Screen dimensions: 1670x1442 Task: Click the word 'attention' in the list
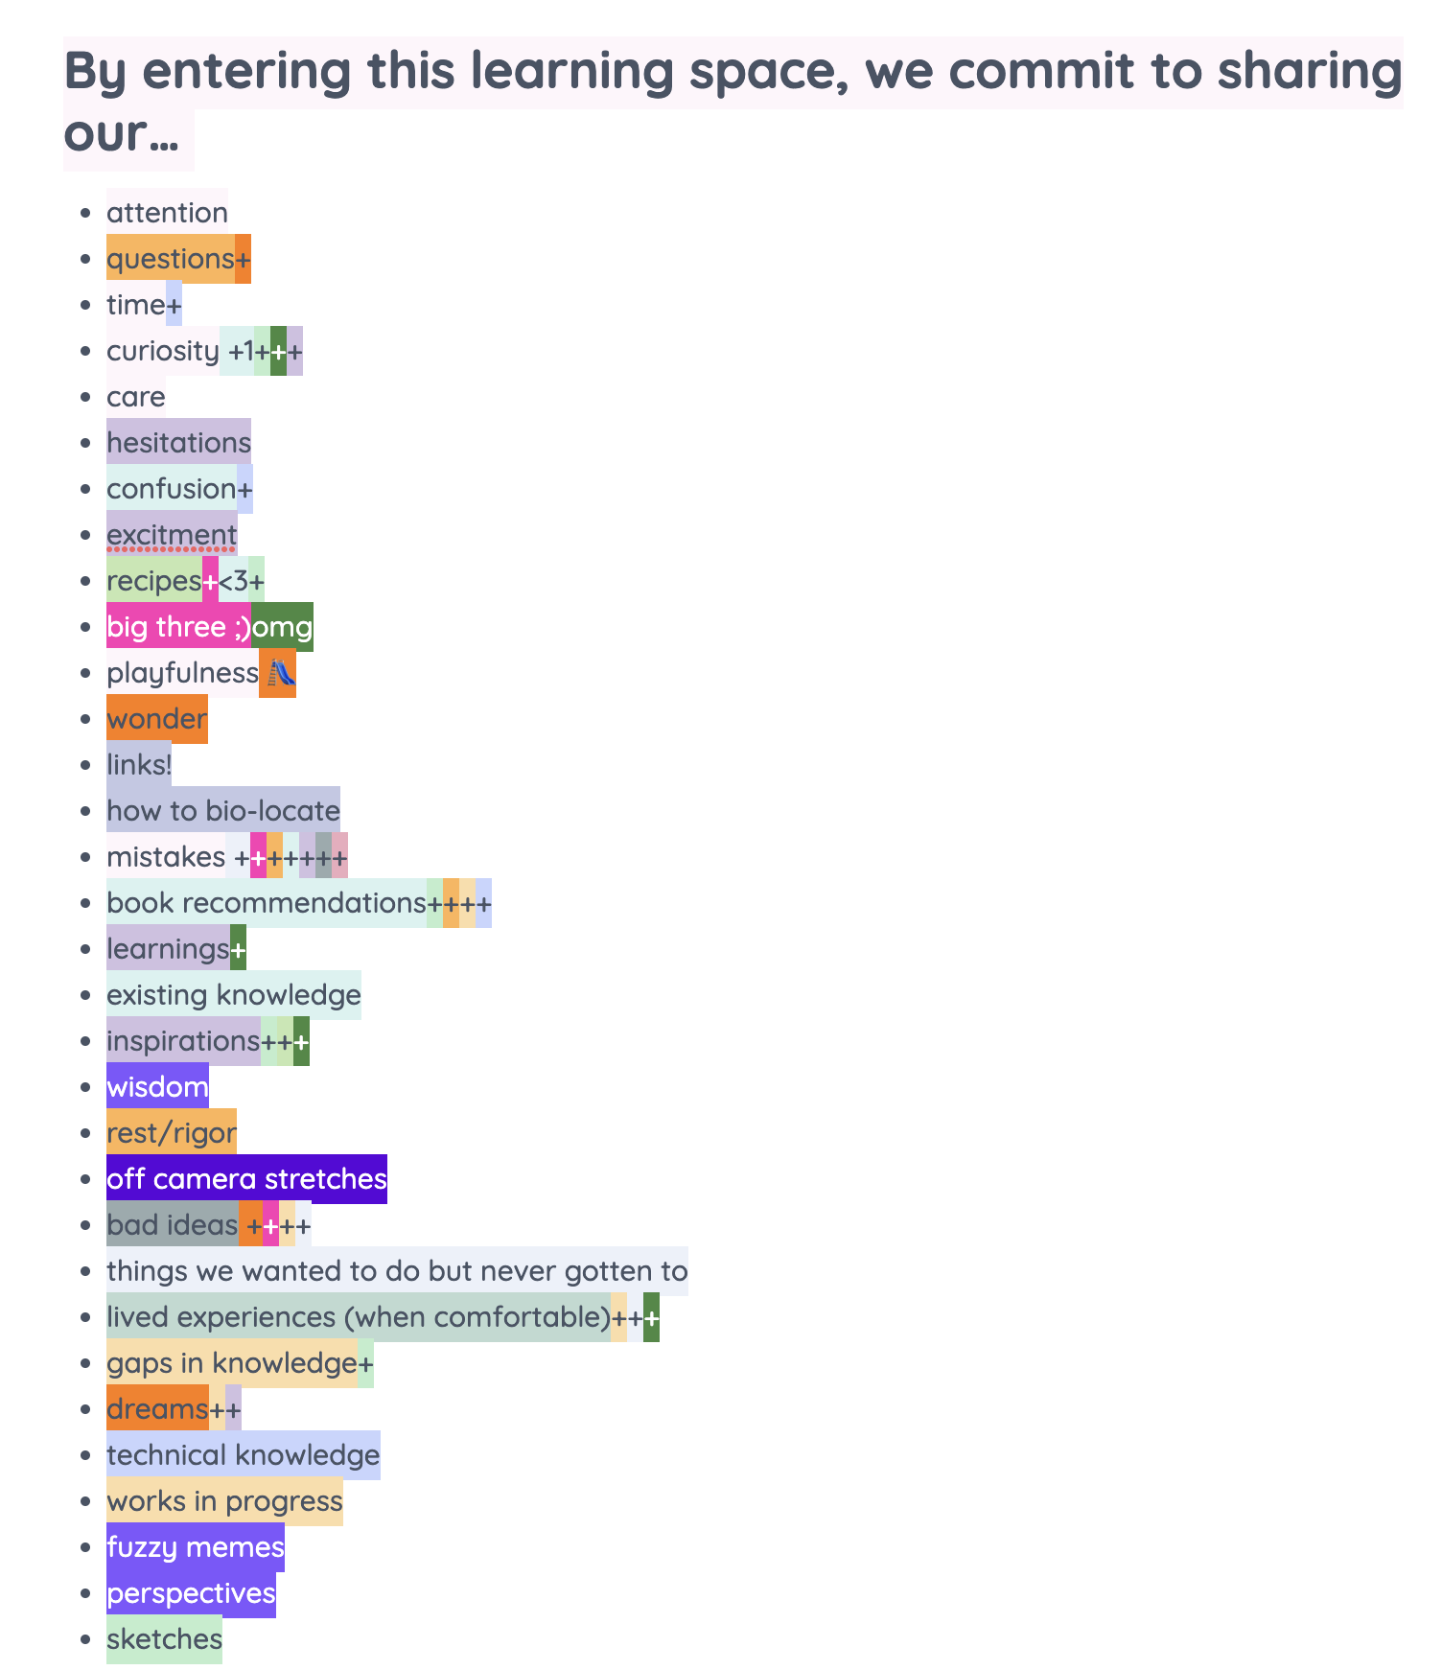point(167,213)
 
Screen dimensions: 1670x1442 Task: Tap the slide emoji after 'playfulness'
point(278,673)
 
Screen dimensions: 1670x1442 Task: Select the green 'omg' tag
point(282,627)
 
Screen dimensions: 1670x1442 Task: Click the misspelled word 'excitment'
point(172,535)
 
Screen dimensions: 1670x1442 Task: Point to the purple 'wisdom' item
point(157,1087)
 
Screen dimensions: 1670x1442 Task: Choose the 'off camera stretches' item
point(246,1179)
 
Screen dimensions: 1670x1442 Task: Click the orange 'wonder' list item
point(156,719)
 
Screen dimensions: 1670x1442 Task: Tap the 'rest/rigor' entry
point(172,1133)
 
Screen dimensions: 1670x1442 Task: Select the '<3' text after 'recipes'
point(234,581)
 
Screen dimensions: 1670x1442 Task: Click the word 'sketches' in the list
point(164,1639)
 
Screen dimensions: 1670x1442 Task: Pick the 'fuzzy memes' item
point(195,1547)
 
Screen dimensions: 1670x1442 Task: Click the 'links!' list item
point(139,765)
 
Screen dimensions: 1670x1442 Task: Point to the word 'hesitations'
point(178,443)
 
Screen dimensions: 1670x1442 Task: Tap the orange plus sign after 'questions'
point(243,259)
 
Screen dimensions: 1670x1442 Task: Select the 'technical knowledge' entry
point(244,1455)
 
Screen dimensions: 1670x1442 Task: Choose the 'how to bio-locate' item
point(223,811)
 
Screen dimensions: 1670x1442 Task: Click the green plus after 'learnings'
point(238,949)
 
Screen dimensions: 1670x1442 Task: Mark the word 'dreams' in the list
point(157,1409)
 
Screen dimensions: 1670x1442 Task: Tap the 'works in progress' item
point(224,1501)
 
